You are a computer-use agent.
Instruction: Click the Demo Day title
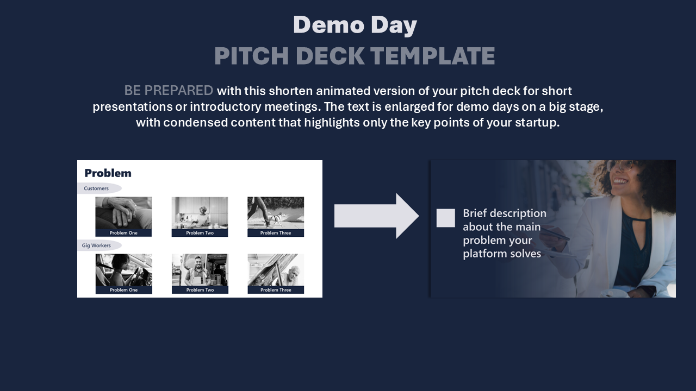pyautogui.click(x=355, y=25)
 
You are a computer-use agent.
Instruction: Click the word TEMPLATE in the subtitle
pyautogui.click(x=432, y=56)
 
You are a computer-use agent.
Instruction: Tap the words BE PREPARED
pyautogui.click(x=169, y=91)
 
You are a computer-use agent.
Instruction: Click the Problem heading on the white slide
pyautogui.click(x=108, y=173)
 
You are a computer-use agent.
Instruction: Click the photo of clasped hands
pyautogui.click(x=123, y=213)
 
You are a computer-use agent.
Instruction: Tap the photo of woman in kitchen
pyautogui.click(x=200, y=213)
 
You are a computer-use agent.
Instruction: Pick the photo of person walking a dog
pyautogui.click(x=276, y=213)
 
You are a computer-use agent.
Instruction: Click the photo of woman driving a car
pyautogui.click(x=123, y=270)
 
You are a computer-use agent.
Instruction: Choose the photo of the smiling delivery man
pyautogui.click(x=200, y=270)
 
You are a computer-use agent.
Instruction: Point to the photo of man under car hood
pyautogui.click(x=276, y=270)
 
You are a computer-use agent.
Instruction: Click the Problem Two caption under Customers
pyautogui.click(x=200, y=233)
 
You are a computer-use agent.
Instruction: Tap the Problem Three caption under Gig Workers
pyautogui.click(x=276, y=290)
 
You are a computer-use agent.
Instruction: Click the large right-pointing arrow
pyautogui.click(x=377, y=216)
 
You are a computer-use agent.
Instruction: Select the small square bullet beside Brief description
pyautogui.click(x=445, y=218)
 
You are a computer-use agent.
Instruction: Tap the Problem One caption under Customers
pyautogui.click(x=123, y=233)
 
